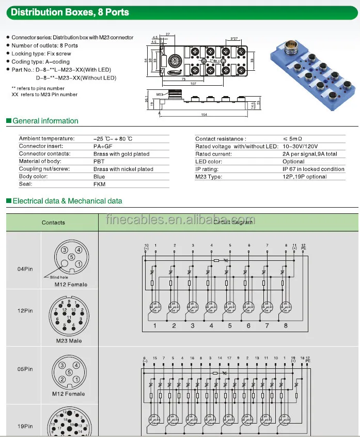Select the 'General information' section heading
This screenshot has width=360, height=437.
(x=45, y=121)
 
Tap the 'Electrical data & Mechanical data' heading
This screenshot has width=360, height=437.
(x=67, y=201)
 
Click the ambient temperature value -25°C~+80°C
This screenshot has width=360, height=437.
(x=113, y=139)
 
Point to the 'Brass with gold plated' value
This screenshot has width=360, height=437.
(x=121, y=154)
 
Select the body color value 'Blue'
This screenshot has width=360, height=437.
(x=99, y=177)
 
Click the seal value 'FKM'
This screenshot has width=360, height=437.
(x=99, y=184)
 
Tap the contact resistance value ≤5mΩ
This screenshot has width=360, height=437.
(x=293, y=139)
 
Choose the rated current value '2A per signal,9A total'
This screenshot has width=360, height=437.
(x=309, y=154)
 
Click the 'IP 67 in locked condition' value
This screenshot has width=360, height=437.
(x=313, y=169)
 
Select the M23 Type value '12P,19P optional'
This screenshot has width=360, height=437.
(x=304, y=177)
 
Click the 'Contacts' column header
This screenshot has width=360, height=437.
(x=53, y=223)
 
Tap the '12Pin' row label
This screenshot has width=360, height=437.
(x=24, y=311)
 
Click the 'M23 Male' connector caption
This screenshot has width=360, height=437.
(x=68, y=341)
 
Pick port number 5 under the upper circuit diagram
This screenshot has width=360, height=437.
(x=230, y=325)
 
